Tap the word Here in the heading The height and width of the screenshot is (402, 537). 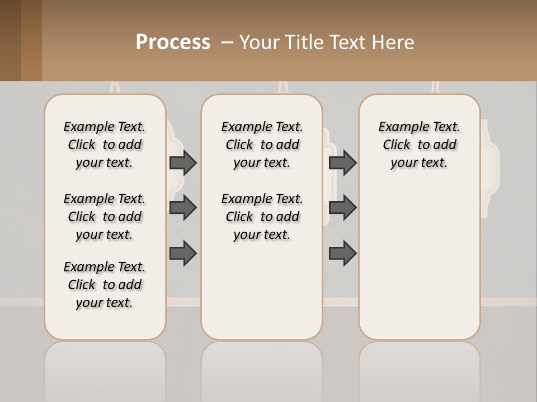[391, 42]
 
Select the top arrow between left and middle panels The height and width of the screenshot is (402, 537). [183, 162]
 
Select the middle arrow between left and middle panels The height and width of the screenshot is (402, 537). [183, 208]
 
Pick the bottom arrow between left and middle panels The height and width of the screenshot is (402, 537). [183, 253]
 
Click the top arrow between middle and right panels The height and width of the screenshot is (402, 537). [342, 162]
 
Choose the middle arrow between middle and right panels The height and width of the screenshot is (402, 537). [342, 208]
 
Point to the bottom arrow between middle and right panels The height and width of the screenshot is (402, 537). [342, 253]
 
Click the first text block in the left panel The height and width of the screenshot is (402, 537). [105, 145]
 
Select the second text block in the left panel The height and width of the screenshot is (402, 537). [105, 217]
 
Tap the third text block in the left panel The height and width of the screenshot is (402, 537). [105, 285]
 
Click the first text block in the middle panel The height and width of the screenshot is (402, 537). [262, 145]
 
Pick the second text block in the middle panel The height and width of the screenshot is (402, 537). [262, 217]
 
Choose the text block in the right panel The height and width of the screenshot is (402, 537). [419, 145]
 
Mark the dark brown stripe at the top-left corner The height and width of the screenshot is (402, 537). [10, 40]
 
